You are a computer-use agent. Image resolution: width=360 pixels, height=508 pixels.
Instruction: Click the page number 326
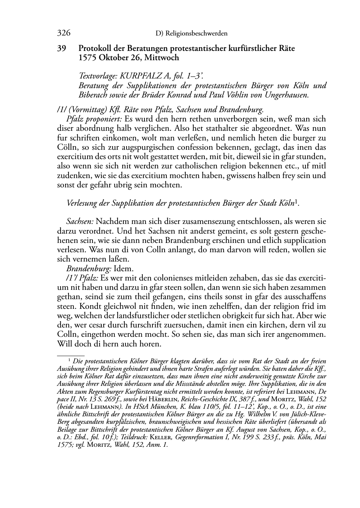click(x=63, y=33)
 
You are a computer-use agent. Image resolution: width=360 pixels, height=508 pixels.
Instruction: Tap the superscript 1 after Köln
click(x=296, y=201)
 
